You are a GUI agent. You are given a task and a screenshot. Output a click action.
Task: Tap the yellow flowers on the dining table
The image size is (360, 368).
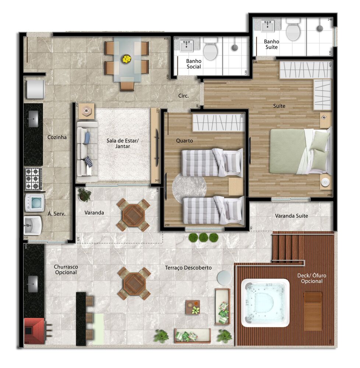pyautogui.click(x=127, y=59)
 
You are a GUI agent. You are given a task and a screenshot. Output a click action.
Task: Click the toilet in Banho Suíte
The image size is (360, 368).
pyautogui.click(x=293, y=29)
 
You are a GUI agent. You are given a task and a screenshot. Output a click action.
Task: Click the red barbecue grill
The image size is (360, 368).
pyautogui.click(x=34, y=330)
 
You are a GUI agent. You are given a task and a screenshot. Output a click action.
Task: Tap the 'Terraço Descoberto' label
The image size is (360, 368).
pyautogui.click(x=188, y=268)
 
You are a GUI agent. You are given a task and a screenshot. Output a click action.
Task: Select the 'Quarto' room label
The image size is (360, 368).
pyautogui.click(x=184, y=141)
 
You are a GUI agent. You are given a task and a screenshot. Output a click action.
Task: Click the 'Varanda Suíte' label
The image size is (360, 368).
pyautogui.click(x=292, y=216)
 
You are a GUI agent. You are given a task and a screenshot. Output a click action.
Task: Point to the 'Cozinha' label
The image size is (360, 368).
pyautogui.click(x=57, y=137)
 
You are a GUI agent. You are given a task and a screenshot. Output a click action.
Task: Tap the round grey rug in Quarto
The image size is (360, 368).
pyautogui.click(x=189, y=185)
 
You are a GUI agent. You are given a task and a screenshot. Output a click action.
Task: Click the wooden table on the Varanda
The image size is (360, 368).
pyautogui.click(x=134, y=215)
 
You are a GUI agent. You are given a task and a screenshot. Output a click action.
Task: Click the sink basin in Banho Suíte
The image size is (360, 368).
pyautogui.click(x=268, y=26)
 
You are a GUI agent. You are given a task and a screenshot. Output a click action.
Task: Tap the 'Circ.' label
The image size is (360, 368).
pyautogui.click(x=183, y=96)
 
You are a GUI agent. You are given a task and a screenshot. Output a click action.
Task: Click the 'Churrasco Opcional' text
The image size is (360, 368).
pyautogui.click(x=66, y=269)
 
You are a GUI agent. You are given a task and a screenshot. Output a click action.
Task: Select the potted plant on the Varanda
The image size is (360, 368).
pyautogui.click(x=85, y=194)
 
